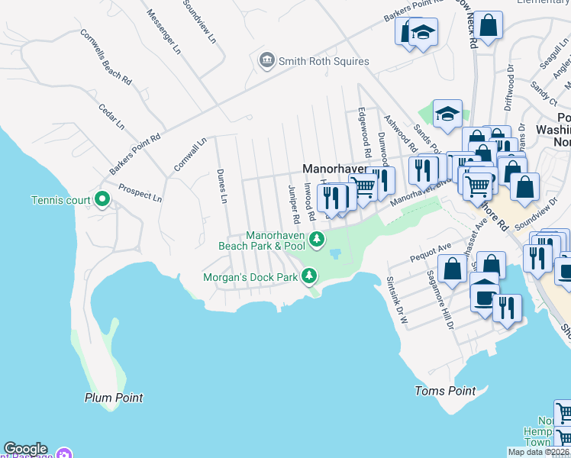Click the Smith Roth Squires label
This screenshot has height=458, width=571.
(324, 61)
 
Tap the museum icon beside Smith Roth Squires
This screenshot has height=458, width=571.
(266, 60)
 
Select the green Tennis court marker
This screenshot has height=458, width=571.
(104, 200)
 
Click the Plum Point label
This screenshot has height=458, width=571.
(114, 398)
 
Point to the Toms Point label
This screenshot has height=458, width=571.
(445, 391)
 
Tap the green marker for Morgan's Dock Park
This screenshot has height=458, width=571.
(310, 276)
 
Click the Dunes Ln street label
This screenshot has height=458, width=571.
(222, 186)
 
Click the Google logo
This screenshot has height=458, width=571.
(25, 449)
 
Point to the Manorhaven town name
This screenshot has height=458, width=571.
(334, 168)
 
